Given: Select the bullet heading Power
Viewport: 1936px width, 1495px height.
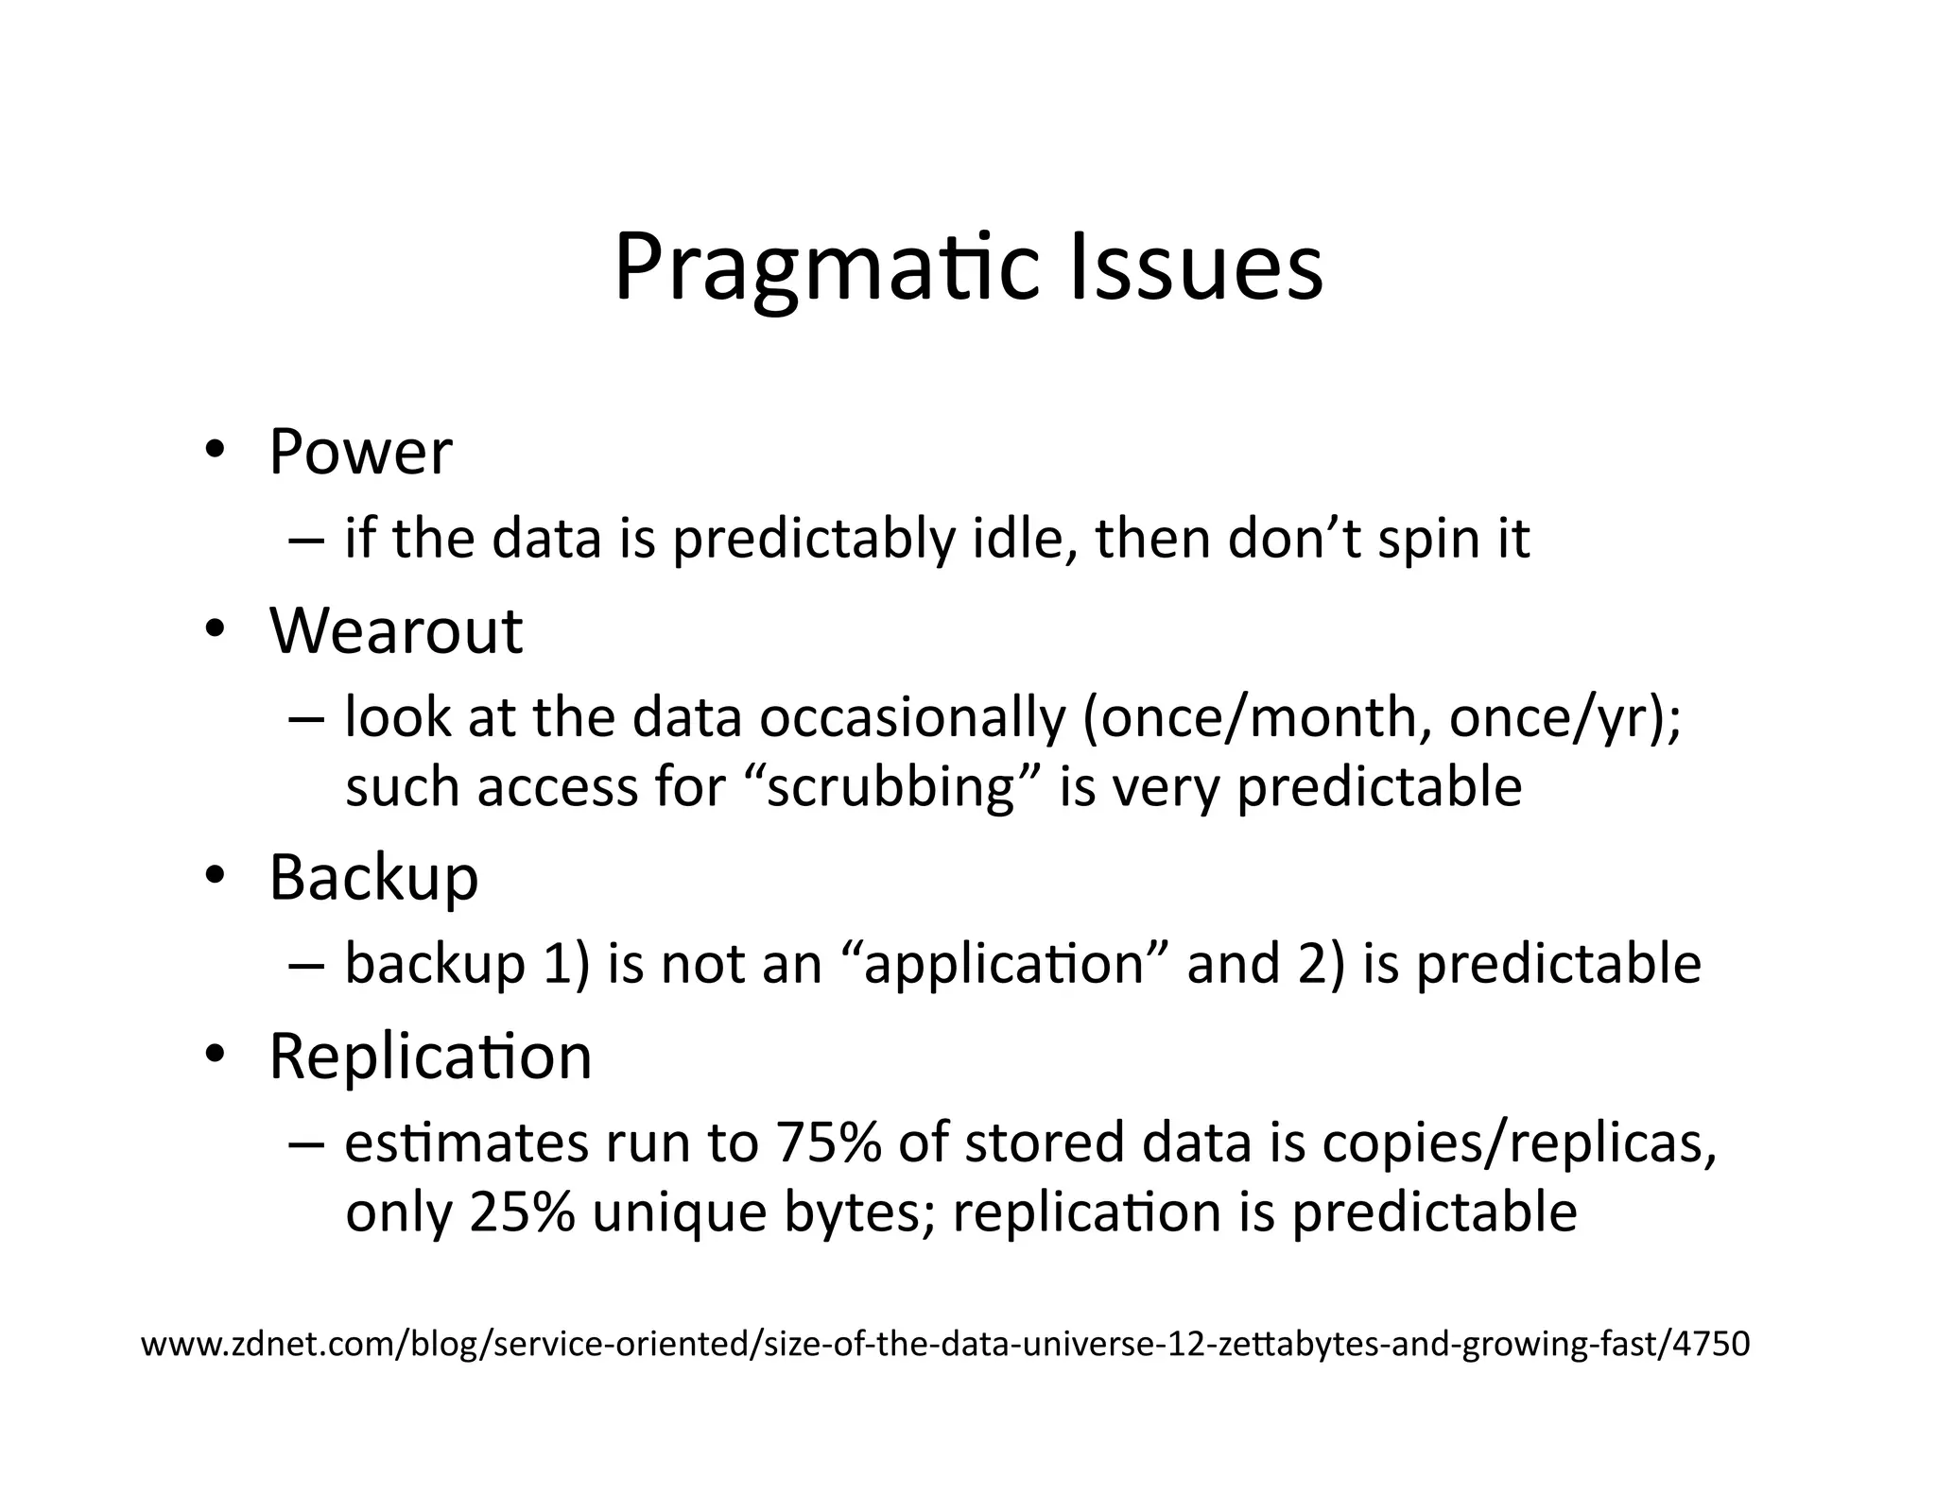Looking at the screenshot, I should pos(360,452).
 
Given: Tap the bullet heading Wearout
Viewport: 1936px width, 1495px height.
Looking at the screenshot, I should pos(395,630).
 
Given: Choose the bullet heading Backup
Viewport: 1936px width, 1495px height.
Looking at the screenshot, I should pos(373,878).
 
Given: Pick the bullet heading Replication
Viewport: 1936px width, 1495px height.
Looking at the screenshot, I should pos(430,1056).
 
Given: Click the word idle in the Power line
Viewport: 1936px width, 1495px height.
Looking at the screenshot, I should pos(1024,539).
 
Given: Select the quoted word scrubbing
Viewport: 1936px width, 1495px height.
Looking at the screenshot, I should pos(890,787).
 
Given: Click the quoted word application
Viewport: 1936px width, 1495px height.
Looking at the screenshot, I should pos(1004,965).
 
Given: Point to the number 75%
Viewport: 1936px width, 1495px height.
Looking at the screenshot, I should pos(827,1143).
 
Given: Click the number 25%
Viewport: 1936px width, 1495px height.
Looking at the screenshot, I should pos(522,1212).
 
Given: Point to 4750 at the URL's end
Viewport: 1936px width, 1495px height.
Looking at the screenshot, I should pos(1711,1343).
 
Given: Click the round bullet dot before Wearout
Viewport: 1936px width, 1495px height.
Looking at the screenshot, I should pos(216,629).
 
